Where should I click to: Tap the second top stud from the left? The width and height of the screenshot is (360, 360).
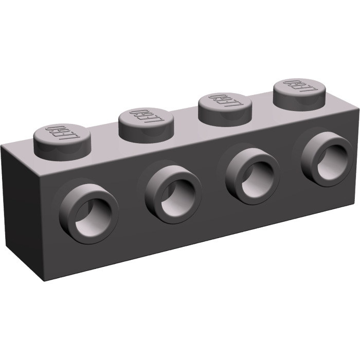point(146,120)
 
